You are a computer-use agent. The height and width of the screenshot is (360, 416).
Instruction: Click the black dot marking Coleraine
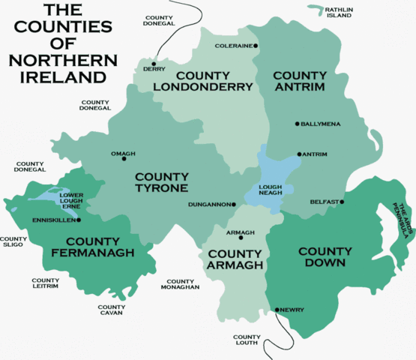coord(256,46)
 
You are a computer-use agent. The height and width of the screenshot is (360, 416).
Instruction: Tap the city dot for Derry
coord(154,63)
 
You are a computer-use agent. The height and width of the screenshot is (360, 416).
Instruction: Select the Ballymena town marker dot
coord(297,124)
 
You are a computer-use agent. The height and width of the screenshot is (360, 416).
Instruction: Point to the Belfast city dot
coord(346,202)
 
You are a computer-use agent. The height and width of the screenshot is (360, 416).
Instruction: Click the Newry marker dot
coord(277,309)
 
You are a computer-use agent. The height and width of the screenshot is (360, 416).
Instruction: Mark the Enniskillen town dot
coord(78,220)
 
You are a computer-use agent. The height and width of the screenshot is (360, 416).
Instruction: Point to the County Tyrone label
coord(161,182)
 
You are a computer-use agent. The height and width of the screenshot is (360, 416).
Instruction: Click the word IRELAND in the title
coord(53,77)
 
